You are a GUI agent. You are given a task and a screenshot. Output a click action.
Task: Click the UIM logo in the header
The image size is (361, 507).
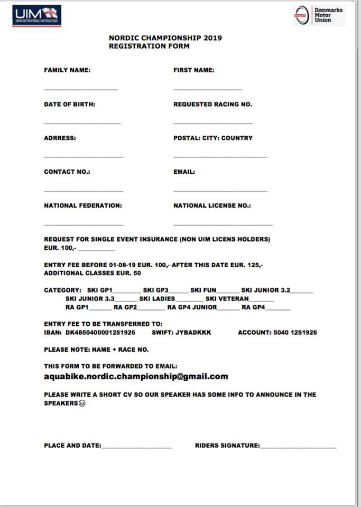tap(36, 15)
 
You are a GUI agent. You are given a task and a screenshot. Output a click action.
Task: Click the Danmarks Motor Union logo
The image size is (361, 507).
tap(319, 15)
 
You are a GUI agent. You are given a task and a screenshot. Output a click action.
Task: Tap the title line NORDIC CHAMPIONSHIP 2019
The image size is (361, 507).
tap(165, 38)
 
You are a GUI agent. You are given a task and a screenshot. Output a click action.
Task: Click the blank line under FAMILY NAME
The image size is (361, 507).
tap(80, 88)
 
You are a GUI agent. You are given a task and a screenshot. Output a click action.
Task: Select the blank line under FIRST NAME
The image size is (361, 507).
tap(207, 88)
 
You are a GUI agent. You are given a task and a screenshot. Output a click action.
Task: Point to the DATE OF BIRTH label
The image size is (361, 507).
tap(69, 105)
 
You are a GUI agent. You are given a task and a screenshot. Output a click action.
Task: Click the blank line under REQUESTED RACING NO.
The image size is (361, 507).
tap(212, 123)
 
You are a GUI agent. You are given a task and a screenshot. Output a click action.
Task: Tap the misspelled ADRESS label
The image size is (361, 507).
tap(60, 138)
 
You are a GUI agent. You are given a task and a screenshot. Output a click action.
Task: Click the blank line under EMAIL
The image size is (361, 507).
tap(220, 190)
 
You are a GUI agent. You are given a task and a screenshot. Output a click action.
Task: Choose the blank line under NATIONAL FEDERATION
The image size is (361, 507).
tap(83, 224)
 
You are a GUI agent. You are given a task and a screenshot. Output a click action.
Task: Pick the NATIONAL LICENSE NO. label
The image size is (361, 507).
tap(212, 206)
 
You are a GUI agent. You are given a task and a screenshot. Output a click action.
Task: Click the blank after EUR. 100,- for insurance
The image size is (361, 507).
tap(96, 249)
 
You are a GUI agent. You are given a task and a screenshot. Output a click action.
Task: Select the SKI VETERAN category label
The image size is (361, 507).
tap(227, 299)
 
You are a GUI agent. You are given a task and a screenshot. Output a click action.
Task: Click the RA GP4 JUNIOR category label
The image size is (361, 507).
tap(192, 307)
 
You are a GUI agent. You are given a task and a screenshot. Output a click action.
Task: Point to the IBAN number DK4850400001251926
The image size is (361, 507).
tap(100, 333)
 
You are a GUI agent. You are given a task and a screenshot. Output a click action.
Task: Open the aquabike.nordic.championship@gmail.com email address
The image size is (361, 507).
tap(136, 377)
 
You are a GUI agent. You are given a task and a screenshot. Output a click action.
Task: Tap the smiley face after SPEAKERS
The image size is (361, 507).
tap(82, 403)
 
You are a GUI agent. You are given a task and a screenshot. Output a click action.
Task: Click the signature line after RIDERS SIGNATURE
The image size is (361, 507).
tap(298, 447)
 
